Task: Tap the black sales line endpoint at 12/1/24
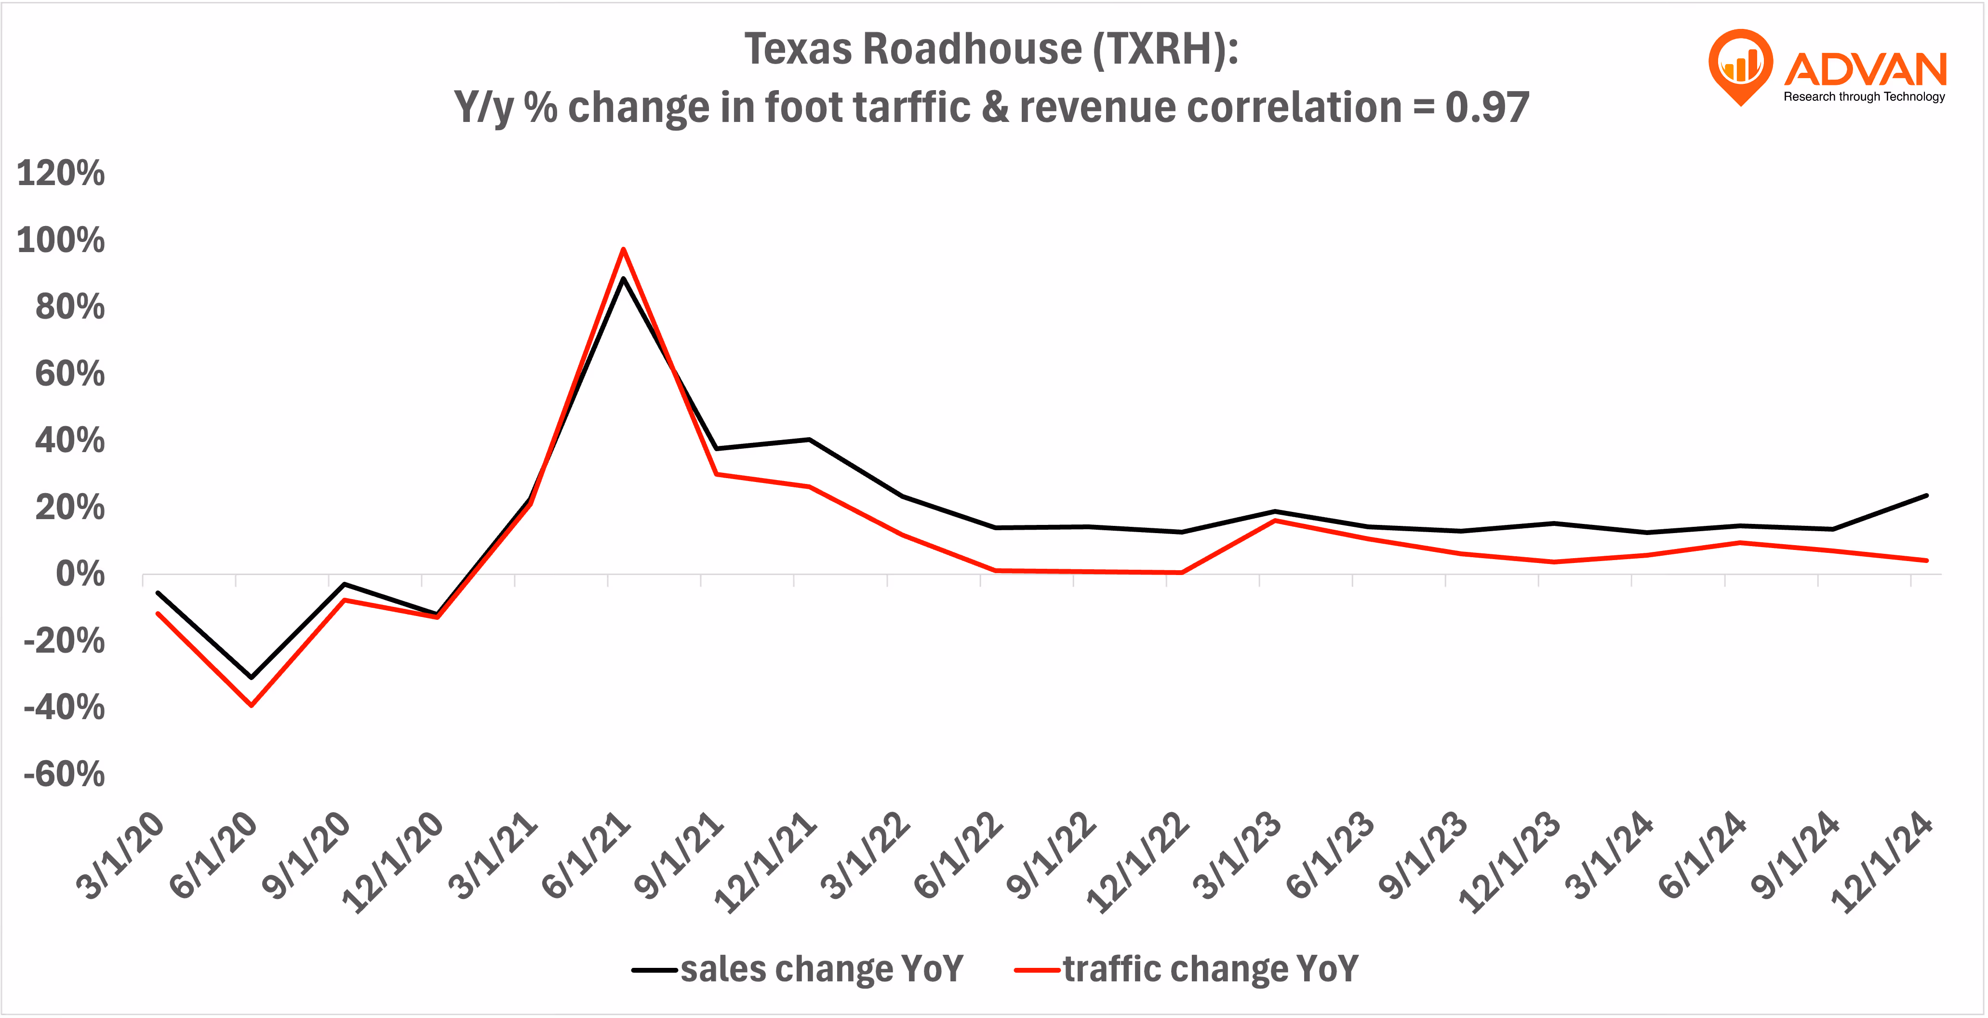pyautogui.click(x=1926, y=496)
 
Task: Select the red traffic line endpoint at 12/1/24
pyautogui.click(x=1926, y=560)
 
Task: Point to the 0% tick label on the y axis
pyautogui.click(x=80, y=574)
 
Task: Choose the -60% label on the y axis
pyautogui.click(x=64, y=774)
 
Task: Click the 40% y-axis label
pyautogui.click(x=69, y=441)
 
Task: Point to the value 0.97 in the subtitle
pyautogui.click(x=1486, y=107)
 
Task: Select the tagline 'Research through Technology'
pyautogui.click(x=1864, y=96)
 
